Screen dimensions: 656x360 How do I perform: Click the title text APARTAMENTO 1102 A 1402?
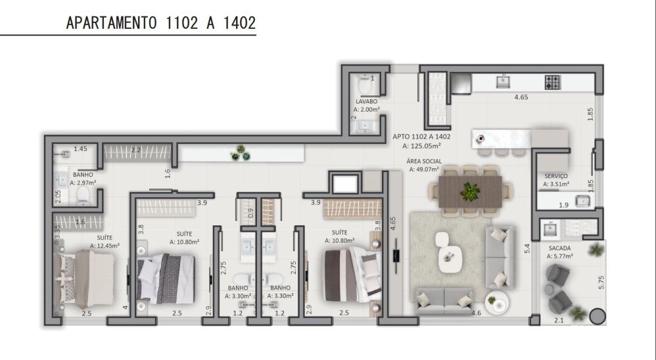pos(161,22)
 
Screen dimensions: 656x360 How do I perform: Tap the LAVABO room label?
pos(367,102)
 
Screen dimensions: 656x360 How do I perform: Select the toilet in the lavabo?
pos(365,85)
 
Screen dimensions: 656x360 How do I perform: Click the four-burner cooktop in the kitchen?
pos(552,82)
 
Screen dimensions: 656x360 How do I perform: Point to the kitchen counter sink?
pos(503,81)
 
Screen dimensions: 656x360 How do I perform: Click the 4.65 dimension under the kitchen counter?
pos(521,97)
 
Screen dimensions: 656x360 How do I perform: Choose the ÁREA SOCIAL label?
pos(424,162)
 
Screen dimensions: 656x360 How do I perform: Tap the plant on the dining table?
pos(471,192)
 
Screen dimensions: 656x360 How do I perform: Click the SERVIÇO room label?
pos(556,176)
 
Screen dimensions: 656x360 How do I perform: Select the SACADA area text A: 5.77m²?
pos(560,256)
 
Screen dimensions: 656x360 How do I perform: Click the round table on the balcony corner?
pos(597,317)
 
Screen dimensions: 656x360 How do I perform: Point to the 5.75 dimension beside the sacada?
pos(601,282)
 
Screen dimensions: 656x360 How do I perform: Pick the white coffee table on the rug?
pos(450,258)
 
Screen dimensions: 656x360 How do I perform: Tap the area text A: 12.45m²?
pos(105,246)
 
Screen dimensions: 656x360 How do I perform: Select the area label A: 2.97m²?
pos(83,183)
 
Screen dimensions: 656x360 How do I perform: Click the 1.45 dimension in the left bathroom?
pos(80,148)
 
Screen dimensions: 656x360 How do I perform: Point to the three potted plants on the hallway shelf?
pos(241,153)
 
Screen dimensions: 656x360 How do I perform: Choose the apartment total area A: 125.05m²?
pos(421,146)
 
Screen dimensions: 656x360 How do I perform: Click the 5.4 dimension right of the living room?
pos(527,248)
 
